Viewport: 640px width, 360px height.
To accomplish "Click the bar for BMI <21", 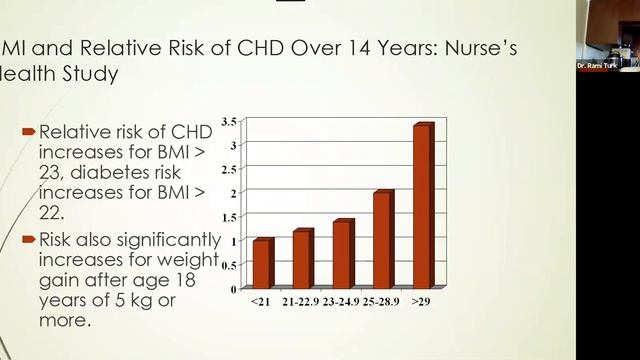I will [261, 264].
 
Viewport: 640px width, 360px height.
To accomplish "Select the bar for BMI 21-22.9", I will [301, 259].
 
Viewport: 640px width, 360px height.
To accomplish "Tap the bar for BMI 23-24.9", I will [341, 254].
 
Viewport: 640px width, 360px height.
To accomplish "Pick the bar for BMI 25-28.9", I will [381, 240].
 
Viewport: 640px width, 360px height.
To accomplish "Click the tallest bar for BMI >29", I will [422, 206].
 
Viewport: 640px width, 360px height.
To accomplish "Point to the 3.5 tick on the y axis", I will [228, 122].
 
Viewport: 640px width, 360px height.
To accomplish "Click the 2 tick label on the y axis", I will [232, 193].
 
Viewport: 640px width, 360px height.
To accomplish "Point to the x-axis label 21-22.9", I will [300, 301].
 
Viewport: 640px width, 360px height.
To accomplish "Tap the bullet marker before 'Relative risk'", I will [28, 131].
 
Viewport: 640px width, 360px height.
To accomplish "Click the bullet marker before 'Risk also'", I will [28, 239].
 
